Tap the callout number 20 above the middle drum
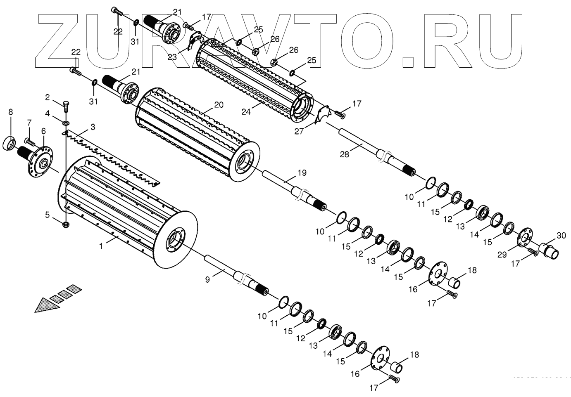pyautogui.click(x=219, y=105)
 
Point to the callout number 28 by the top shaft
pyautogui.click(x=344, y=154)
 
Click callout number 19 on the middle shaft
pyautogui.click(x=302, y=173)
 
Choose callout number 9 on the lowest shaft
pyautogui.click(x=208, y=279)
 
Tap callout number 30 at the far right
pyautogui.click(x=561, y=236)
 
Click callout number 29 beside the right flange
pyautogui.click(x=502, y=255)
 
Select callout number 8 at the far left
pyautogui.click(x=11, y=112)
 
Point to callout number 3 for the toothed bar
pyautogui.click(x=93, y=127)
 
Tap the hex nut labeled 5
pyautogui.click(x=66, y=224)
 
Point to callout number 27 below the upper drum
pyautogui.click(x=299, y=131)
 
